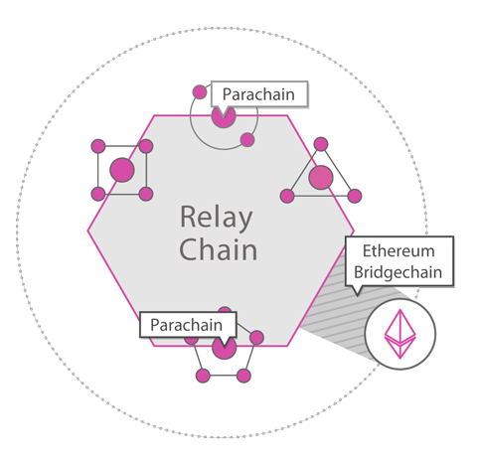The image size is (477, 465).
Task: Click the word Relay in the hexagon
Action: pos(217,218)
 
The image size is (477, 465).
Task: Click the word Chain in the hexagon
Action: pos(218,249)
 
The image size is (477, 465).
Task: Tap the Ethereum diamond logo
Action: pos(399,334)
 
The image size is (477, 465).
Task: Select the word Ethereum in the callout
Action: pos(398,250)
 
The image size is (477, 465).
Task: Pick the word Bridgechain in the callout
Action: pos(398,272)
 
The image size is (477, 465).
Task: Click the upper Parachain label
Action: pos(258,94)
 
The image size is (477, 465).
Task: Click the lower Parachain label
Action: pos(186,325)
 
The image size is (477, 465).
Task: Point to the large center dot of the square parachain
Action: pos(122,170)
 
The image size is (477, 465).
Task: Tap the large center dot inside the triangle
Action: pos(321,178)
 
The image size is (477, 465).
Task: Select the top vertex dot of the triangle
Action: pos(321,144)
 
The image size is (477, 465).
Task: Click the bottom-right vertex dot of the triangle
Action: pos(355,196)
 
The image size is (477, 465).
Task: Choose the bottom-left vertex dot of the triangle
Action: pos(287,196)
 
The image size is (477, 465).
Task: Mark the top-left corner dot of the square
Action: pos(98,146)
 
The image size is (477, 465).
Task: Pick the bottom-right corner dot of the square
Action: pos(146,194)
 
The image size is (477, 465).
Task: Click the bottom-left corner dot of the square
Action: pos(98,194)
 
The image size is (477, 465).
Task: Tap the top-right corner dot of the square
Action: pos(146,146)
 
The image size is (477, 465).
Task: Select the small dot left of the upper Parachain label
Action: pos(200,92)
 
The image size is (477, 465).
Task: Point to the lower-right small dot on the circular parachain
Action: pos(247,140)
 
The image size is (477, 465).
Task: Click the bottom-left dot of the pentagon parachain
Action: pos(203,376)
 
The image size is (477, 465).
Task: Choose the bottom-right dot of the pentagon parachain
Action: pos(243,376)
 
